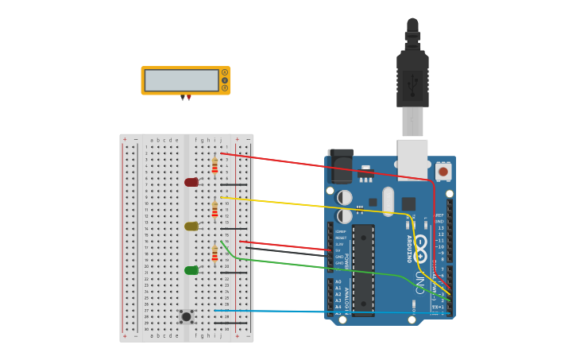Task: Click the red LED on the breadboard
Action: point(191,182)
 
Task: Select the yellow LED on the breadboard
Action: point(191,226)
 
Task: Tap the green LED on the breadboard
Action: point(191,270)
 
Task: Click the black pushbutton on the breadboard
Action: point(186,316)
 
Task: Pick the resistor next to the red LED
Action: point(215,165)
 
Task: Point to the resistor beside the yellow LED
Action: point(215,209)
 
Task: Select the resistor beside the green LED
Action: point(215,254)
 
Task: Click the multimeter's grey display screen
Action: point(181,80)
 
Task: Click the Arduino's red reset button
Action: point(443,171)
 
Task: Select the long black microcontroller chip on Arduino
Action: point(363,269)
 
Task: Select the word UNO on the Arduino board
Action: point(419,283)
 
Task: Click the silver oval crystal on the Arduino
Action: point(388,201)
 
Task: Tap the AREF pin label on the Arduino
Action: point(439,215)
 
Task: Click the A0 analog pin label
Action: point(338,281)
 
